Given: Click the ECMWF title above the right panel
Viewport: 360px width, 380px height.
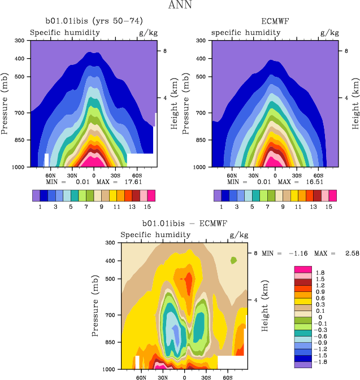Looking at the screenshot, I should pos(274,21).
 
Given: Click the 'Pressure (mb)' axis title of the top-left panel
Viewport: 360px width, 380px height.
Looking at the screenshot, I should pos(5,104).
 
